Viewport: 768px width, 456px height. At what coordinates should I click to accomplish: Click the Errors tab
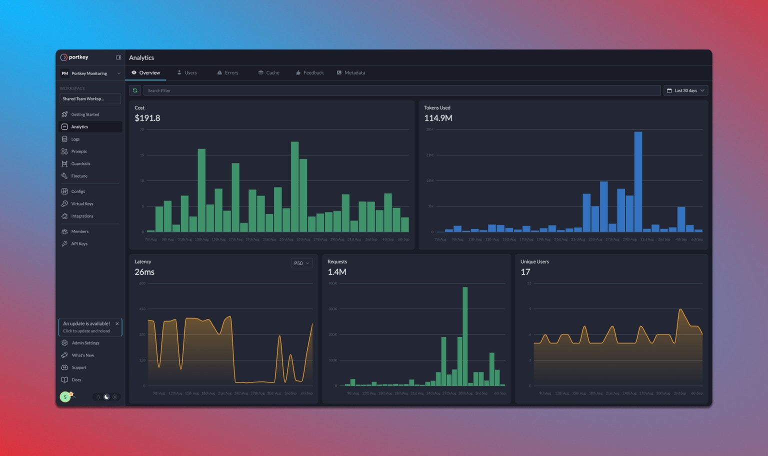coord(228,73)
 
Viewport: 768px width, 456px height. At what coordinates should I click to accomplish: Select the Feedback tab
coord(310,73)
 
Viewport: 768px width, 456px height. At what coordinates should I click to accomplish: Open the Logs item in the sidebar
coord(75,139)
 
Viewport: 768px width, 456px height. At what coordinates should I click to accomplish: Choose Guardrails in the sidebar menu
coord(80,164)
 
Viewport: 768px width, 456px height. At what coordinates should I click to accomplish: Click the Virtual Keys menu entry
coord(82,204)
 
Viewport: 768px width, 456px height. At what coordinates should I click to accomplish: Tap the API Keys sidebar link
coord(79,244)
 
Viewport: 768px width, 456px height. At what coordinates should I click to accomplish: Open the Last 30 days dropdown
coord(685,90)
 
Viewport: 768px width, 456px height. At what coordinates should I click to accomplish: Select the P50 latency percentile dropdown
coord(301,263)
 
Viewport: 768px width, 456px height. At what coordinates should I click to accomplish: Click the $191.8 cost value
coord(147,118)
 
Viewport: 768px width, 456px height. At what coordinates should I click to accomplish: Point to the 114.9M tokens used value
coord(438,118)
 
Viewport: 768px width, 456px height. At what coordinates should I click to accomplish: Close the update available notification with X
coord(117,324)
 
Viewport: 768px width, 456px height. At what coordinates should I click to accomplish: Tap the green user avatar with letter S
coord(65,397)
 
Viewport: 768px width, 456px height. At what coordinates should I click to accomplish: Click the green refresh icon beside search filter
coord(135,90)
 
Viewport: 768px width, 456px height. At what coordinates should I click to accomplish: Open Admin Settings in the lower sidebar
coord(85,343)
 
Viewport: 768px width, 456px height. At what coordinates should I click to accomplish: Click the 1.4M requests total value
coord(337,272)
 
